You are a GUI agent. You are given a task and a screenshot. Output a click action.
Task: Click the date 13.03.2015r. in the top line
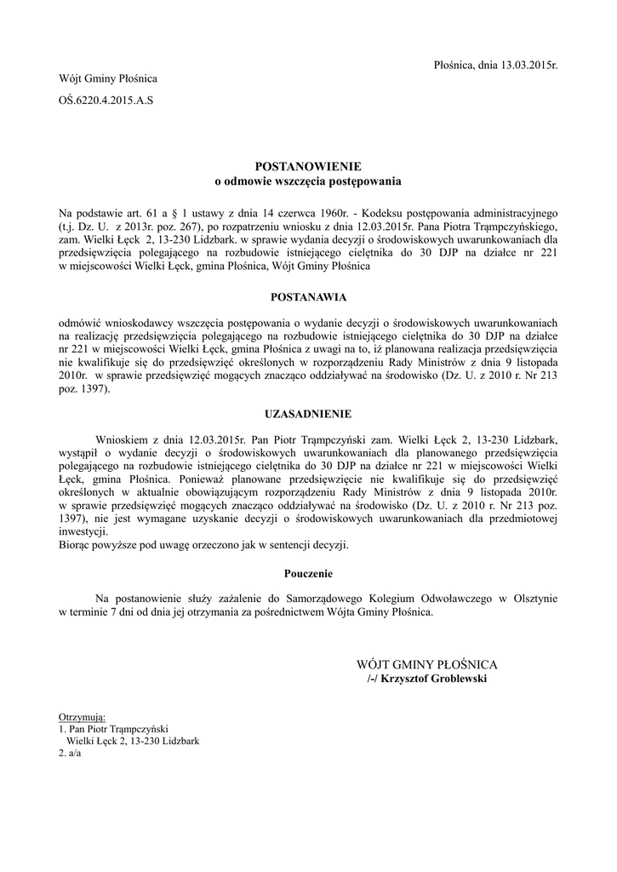(x=526, y=65)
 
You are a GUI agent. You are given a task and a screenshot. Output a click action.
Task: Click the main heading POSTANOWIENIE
(x=308, y=167)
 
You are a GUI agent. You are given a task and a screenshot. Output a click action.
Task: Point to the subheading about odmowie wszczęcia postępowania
(x=308, y=181)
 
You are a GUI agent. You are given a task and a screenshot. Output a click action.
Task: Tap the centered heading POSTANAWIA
(x=308, y=298)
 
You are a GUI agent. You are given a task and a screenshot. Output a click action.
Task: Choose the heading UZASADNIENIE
(x=308, y=414)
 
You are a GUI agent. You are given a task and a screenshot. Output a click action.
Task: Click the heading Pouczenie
(x=308, y=573)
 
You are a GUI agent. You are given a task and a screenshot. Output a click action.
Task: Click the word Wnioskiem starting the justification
(x=123, y=439)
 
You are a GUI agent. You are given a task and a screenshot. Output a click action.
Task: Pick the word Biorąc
(x=76, y=544)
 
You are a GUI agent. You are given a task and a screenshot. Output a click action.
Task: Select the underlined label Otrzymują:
(x=82, y=716)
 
